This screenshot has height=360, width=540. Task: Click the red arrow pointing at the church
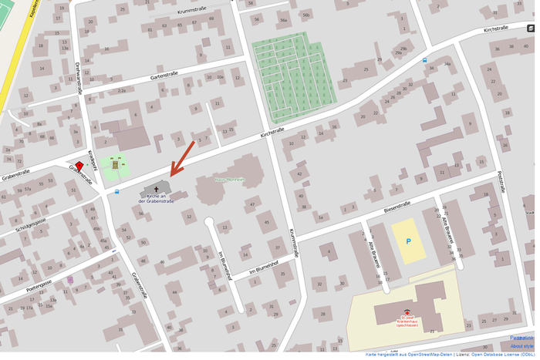pyautogui.click(x=183, y=158)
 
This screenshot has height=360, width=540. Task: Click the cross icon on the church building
pyautogui.click(x=157, y=188)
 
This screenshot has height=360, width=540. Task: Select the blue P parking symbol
pyautogui.click(x=408, y=241)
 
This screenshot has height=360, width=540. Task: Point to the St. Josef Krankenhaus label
pyautogui.click(x=407, y=321)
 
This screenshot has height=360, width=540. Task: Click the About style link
pyautogui.click(x=521, y=346)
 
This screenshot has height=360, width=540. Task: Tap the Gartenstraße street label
pyautogui.click(x=164, y=75)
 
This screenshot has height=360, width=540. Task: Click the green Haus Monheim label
pyautogui.click(x=230, y=179)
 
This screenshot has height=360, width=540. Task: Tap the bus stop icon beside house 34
pyautogui.click(x=425, y=60)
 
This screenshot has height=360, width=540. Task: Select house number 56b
pyautogui.click(x=306, y=15)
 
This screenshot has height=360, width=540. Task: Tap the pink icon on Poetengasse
pyautogui.click(x=70, y=280)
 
